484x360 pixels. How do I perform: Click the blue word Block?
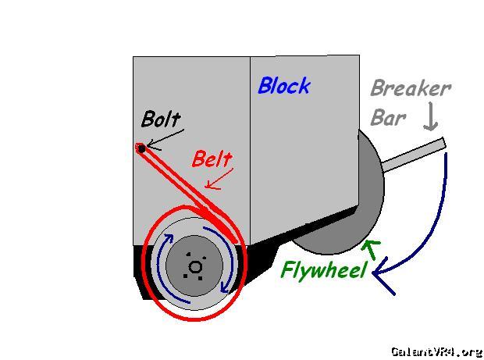(x=283, y=86)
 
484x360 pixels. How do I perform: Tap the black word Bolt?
(x=161, y=119)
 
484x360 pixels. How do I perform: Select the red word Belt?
(x=212, y=159)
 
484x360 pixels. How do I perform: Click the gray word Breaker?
(x=410, y=88)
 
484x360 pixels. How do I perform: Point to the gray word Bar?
(x=388, y=118)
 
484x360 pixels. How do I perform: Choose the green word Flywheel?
(x=323, y=271)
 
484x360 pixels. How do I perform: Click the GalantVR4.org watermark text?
(x=436, y=351)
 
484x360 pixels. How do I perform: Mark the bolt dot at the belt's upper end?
(x=141, y=148)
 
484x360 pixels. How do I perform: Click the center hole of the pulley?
(x=195, y=268)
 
